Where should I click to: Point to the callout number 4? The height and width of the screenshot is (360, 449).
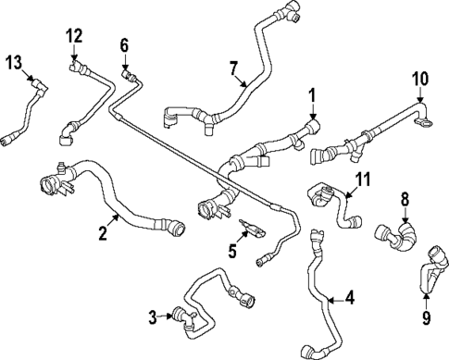[x=349, y=297]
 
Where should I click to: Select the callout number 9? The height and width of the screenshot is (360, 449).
[x=426, y=319]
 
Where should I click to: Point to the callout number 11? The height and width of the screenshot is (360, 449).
[x=362, y=179]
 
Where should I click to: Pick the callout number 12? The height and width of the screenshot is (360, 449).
[x=74, y=35]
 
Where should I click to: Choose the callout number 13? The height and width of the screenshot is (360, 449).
[x=12, y=62]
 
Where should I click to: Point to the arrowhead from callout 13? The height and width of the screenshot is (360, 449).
[x=34, y=82]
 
